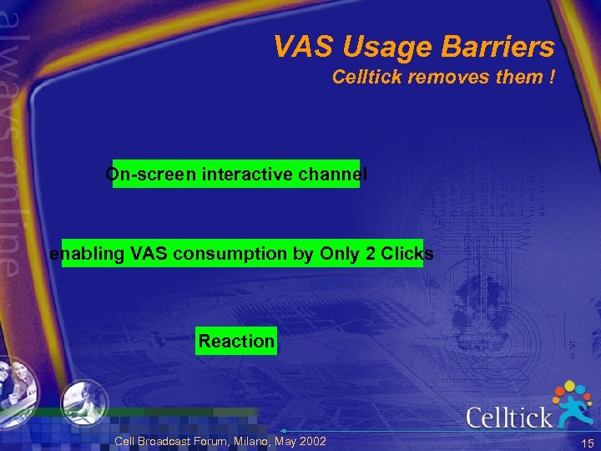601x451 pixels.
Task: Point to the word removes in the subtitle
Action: (442, 78)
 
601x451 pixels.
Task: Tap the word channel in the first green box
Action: (336, 175)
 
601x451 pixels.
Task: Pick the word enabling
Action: (87, 254)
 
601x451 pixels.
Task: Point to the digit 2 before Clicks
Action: (370, 254)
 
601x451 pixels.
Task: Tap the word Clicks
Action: (407, 254)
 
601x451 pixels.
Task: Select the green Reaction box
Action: (236, 341)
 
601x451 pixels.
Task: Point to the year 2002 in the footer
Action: (310, 441)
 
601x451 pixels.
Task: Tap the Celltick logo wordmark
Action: (508, 416)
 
